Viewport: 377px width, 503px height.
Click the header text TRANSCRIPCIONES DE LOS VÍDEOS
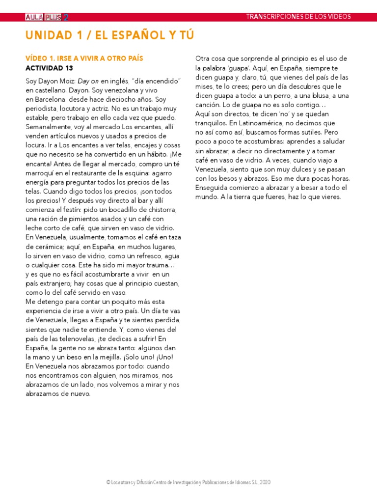coord(298,17)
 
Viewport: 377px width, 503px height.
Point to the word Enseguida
coord(213,188)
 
